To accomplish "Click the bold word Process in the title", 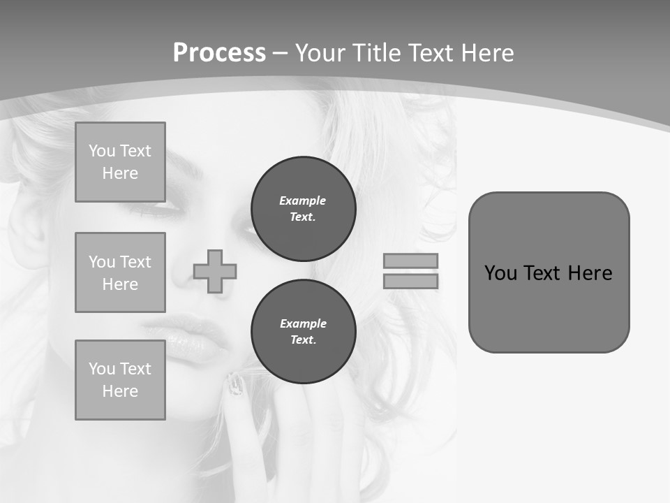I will [x=219, y=53].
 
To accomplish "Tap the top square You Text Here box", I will [x=120, y=162].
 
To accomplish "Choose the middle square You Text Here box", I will [x=120, y=272].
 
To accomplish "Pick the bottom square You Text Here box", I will [x=120, y=380].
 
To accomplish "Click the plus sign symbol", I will [x=215, y=271].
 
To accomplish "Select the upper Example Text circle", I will [x=303, y=209].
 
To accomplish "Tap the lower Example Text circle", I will [x=303, y=332].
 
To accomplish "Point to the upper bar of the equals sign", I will [x=410, y=261].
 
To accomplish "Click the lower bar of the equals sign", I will [x=410, y=281].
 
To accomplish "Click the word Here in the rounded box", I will [x=590, y=273].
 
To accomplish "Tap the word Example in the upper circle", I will [x=302, y=201].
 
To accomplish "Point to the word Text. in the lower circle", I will [x=303, y=340].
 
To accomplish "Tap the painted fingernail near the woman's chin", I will [x=236, y=384].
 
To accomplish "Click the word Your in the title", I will [x=321, y=53].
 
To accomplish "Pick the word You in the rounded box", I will [x=500, y=273].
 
